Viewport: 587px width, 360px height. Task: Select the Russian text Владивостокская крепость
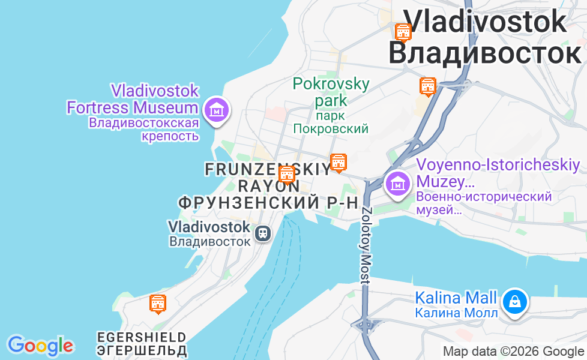[x=144, y=129]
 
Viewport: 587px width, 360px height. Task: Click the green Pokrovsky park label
[x=331, y=91]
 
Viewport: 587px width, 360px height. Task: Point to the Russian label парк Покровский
[x=331, y=122]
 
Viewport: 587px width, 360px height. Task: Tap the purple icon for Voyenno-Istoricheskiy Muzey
[x=397, y=183]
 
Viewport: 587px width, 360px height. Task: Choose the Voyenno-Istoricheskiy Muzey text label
[x=498, y=173]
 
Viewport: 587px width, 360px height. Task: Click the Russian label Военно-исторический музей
[x=484, y=203]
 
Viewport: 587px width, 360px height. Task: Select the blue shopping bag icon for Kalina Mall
[x=514, y=302]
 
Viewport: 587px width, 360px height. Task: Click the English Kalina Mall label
[x=456, y=298]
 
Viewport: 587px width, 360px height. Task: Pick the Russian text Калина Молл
[x=456, y=313]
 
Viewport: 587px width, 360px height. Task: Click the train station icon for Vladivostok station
[x=262, y=233]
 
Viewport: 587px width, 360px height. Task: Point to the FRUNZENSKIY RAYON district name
[x=267, y=177]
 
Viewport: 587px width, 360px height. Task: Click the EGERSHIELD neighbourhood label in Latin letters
[x=141, y=337]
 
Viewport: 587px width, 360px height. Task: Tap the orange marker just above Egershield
[x=157, y=304]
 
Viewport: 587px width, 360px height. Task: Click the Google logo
[x=40, y=346]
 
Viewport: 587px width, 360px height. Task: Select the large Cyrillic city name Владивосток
[x=484, y=53]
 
